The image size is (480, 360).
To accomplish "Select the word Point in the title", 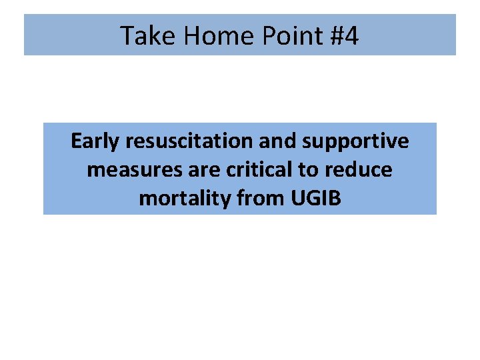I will [x=283, y=35].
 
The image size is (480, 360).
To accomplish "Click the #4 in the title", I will [x=343, y=35].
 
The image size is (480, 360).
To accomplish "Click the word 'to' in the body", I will [x=308, y=170].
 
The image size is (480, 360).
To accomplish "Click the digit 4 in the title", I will [x=351, y=35].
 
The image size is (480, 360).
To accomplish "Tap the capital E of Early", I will [x=76, y=141].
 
